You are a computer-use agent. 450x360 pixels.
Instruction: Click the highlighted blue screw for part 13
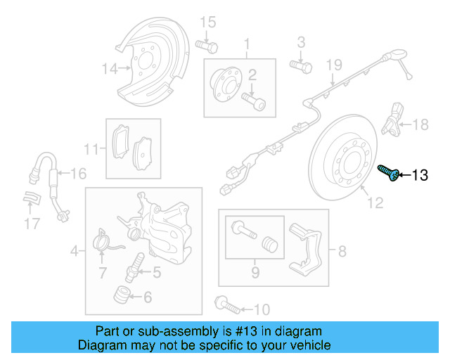coord(388,172)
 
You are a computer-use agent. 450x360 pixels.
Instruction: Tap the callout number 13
coord(419,175)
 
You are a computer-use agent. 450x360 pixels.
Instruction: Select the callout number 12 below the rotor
coord(375,203)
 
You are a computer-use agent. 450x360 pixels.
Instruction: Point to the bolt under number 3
coord(301,66)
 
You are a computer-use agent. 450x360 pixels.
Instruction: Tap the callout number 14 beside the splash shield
coord(109,69)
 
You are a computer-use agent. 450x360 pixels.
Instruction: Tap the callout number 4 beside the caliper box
coord(74,250)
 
